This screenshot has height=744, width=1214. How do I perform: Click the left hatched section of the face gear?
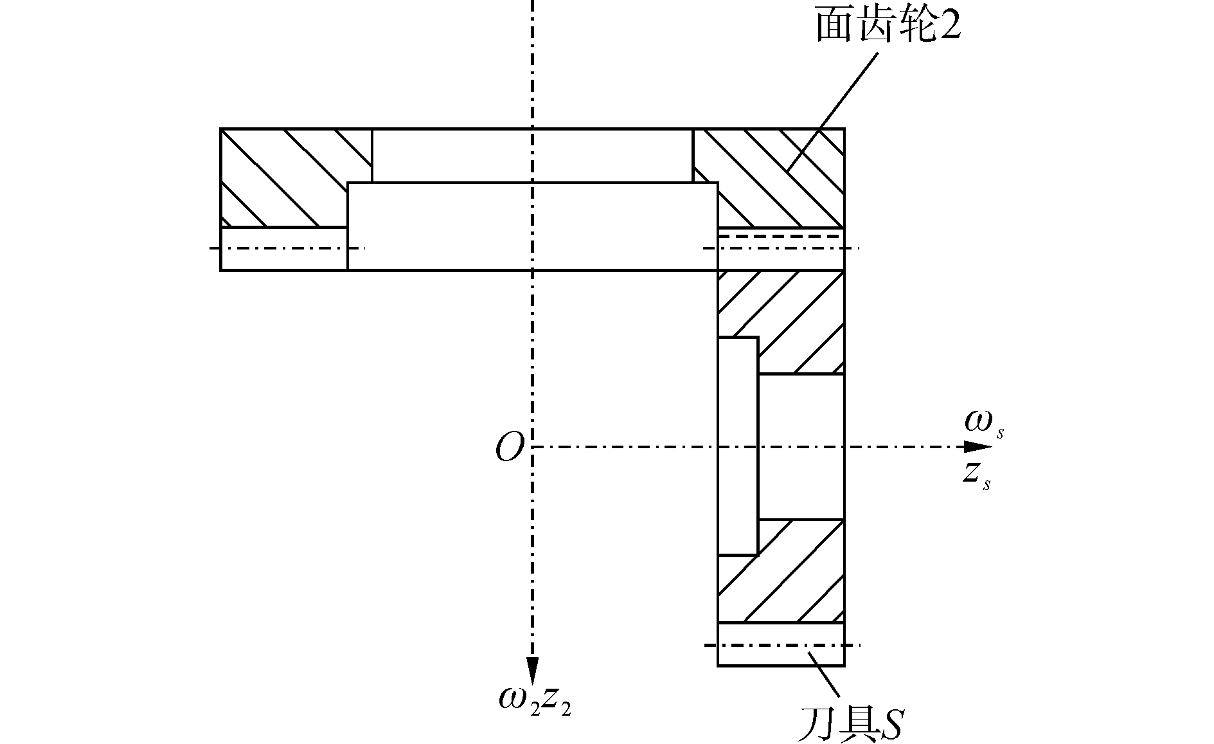click(x=283, y=177)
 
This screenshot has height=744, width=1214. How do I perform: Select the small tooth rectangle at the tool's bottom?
click(x=780, y=644)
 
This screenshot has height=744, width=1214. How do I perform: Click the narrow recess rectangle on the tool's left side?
click(x=738, y=446)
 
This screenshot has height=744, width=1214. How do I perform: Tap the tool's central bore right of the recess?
click(x=801, y=446)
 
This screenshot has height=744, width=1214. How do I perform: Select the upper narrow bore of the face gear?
click(x=532, y=156)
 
